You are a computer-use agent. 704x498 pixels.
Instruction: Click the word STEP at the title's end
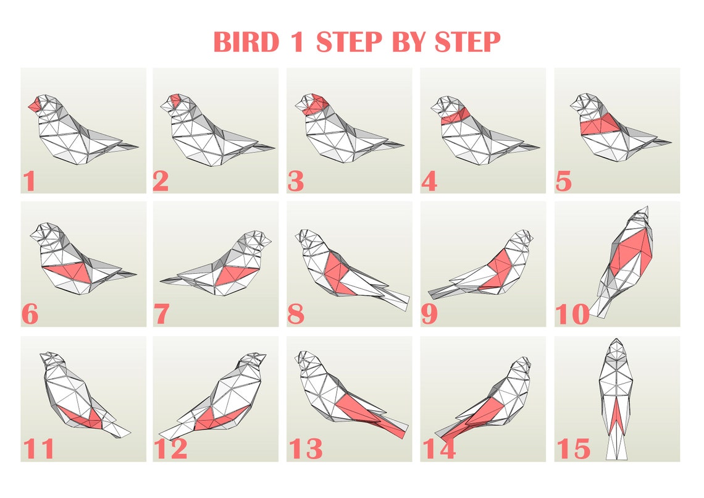467,42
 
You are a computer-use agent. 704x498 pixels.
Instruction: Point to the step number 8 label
296,315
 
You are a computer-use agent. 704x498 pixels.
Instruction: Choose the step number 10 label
572,315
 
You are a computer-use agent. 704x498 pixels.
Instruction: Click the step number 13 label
305,449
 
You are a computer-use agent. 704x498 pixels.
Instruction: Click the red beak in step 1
34,106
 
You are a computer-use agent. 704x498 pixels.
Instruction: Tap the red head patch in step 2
176,99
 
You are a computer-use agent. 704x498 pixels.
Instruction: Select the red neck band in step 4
455,115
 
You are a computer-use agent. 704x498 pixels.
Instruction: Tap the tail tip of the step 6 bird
135,274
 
